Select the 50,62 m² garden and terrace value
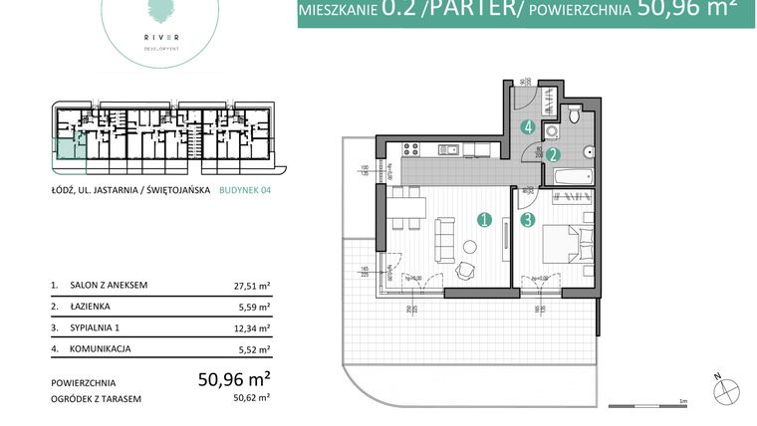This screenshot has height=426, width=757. point(252,398)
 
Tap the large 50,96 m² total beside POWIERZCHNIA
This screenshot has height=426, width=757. point(235,378)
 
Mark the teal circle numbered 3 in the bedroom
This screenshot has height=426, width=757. point(528,221)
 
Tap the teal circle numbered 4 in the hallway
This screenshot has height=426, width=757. point(528,127)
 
